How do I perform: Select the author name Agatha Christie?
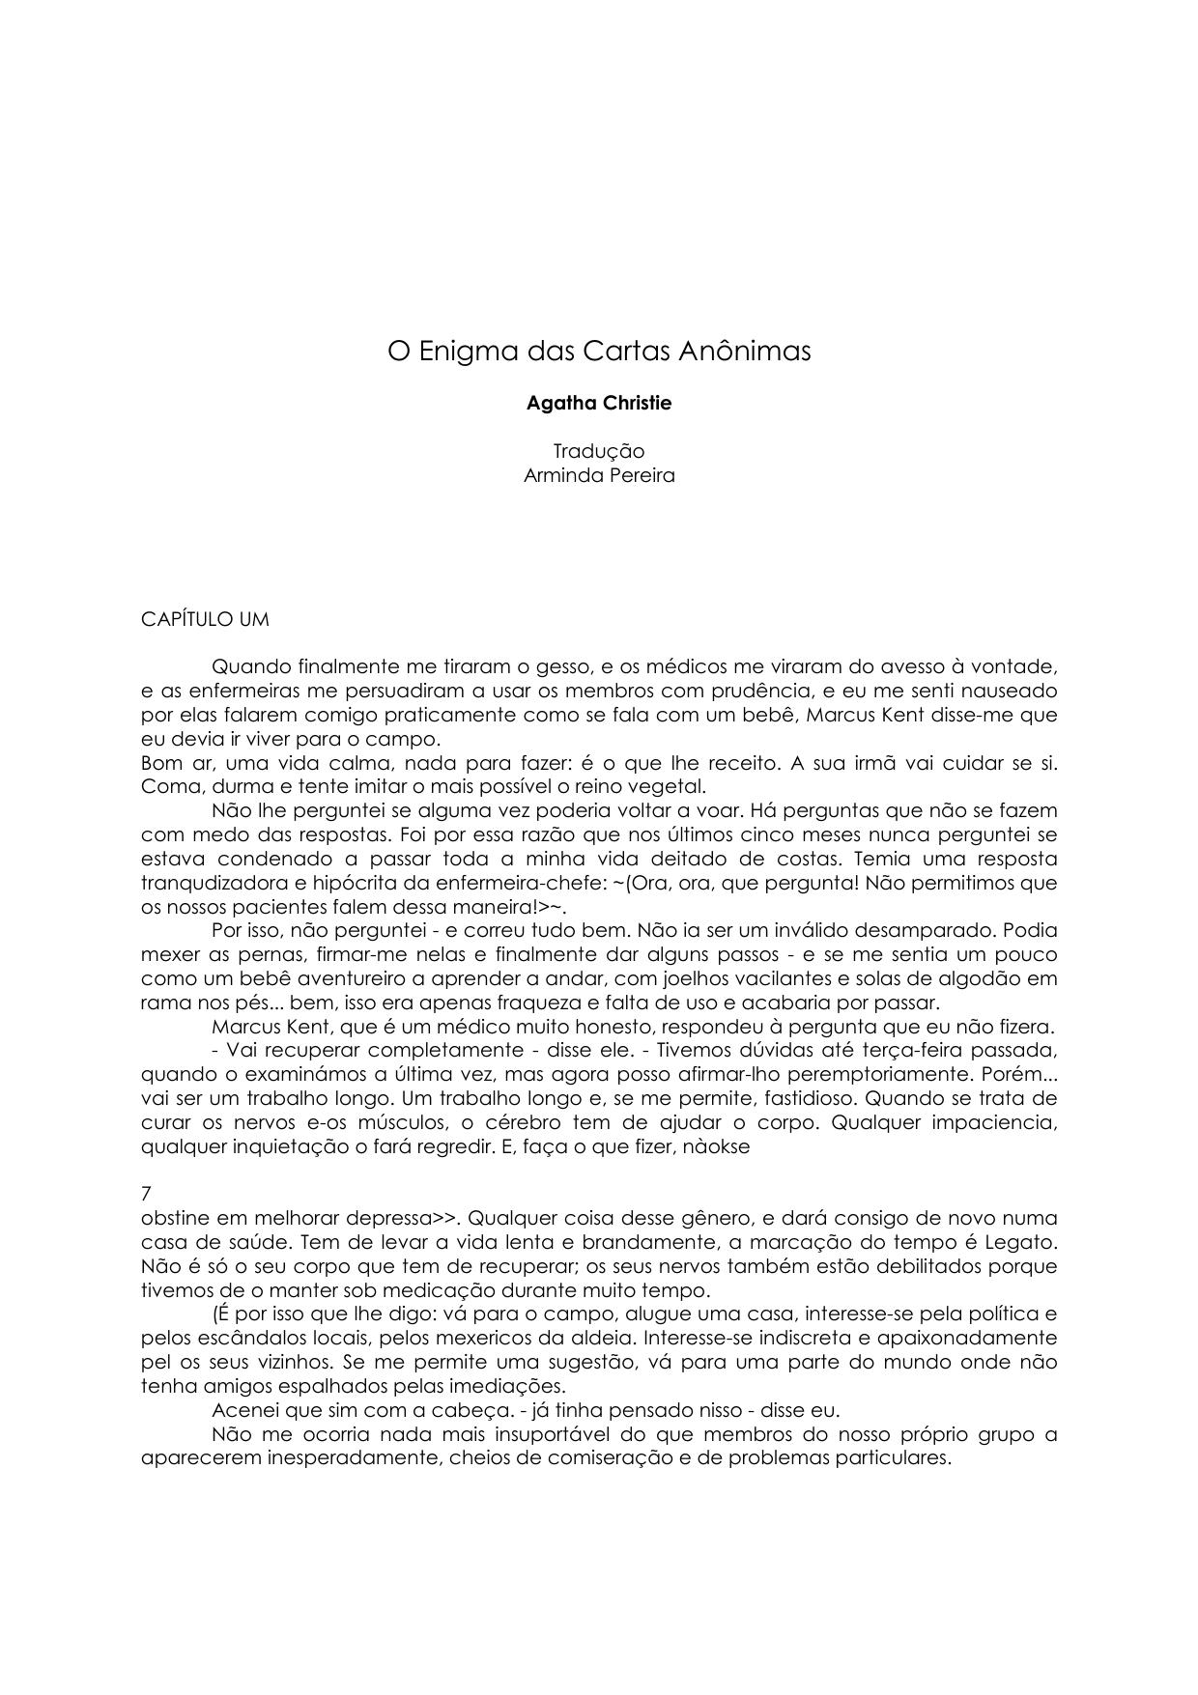pyautogui.click(x=598, y=404)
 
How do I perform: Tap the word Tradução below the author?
pyautogui.click(x=598, y=451)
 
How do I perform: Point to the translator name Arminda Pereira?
pyautogui.click(x=598, y=475)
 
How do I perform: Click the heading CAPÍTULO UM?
pyautogui.click(x=205, y=619)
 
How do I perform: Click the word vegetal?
pyautogui.click(x=672, y=786)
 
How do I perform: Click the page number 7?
pyautogui.click(x=147, y=1194)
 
